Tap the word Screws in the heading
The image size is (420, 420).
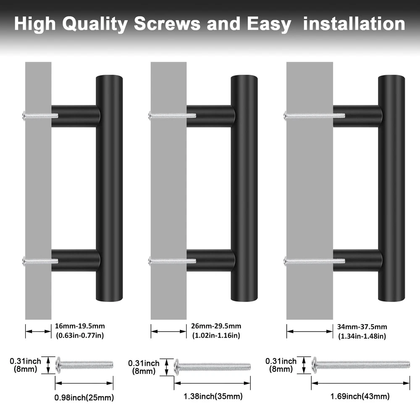pos(167,24)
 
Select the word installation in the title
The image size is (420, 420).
pos(354,24)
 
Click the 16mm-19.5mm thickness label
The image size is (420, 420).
pos(80,326)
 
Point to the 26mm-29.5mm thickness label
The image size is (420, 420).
pos(216,326)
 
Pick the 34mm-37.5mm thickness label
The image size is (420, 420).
pos(362,327)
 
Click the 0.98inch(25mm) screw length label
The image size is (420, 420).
pos(84,397)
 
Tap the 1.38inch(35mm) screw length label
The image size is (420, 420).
pos(213,396)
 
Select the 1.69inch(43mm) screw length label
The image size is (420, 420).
pos(360,396)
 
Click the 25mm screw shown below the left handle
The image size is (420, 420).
pos(84,365)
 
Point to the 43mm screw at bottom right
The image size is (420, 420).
pos(360,365)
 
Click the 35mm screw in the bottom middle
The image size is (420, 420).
pos(212,367)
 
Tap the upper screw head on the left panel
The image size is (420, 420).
pos(24,116)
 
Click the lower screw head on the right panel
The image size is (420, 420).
pos(285,261)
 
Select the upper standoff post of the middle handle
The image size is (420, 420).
pos(211,116)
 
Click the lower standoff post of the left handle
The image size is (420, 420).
pos(76,260)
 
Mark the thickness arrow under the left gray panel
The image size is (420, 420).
pos(38,331)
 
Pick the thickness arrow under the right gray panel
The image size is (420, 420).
pos(310,331)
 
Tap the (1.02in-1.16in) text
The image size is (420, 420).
pos(216,335)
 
